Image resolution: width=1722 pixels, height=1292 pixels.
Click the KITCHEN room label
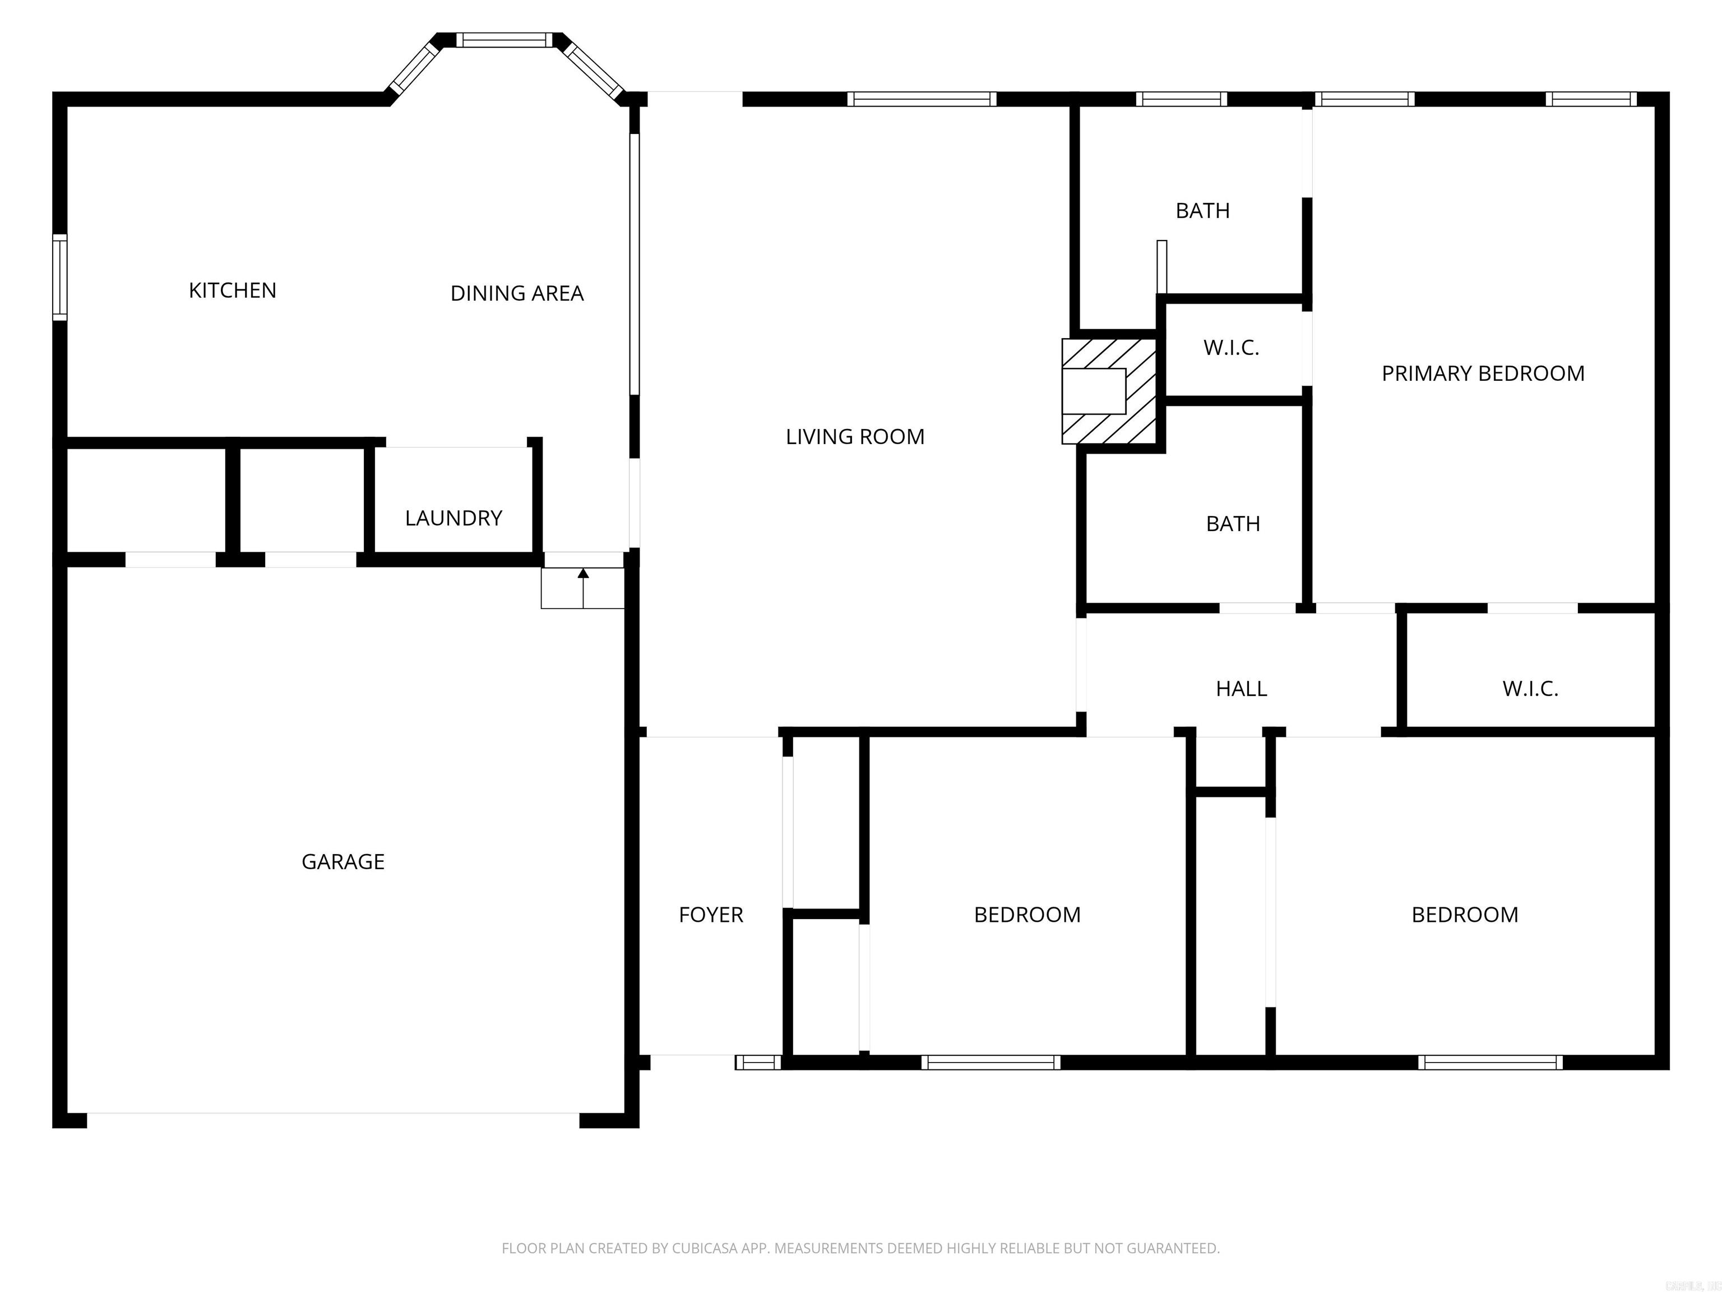click(232, 290)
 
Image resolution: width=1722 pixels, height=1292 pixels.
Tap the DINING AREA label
click(517, 294)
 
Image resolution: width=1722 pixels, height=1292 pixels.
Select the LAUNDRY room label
click(453, 518)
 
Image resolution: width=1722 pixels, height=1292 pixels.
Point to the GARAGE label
click(342, 861)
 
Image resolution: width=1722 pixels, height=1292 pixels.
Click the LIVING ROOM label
click(855, 437)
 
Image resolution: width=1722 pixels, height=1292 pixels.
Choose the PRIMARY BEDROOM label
click(1482, 374)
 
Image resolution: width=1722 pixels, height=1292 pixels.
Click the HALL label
click(1241, 689)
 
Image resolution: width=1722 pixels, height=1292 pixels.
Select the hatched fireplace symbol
click(1109, 390)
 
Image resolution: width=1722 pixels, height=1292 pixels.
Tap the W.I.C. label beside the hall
click(1530, 689)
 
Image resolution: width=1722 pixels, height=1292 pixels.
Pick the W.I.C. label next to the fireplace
click(1231, 348)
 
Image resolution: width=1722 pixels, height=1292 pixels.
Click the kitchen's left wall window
click(60, 277)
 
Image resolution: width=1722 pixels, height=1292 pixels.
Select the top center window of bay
click(504, 40)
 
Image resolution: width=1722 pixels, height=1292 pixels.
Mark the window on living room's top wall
click(921, 99)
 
